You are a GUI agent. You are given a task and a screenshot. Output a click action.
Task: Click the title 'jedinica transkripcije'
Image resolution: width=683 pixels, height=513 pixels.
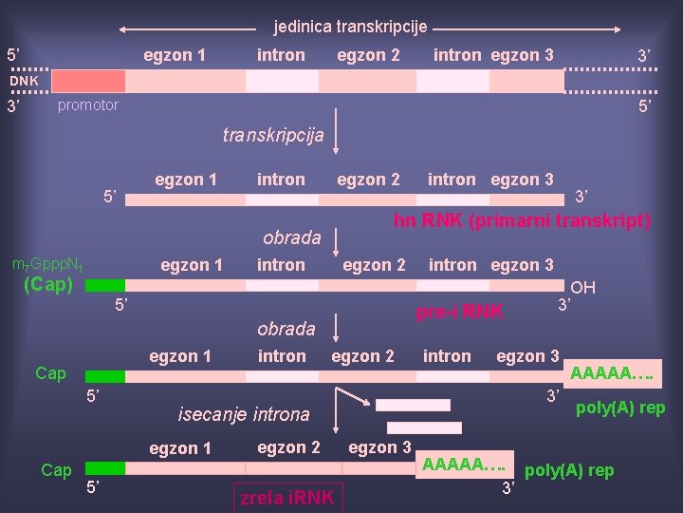[350, 27]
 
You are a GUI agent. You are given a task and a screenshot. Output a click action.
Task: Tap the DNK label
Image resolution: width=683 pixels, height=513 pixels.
[26, 81]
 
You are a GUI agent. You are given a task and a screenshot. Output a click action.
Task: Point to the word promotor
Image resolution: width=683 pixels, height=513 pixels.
[88, 105]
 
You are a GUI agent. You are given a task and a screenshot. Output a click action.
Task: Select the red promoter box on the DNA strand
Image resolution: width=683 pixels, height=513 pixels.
[88, 81]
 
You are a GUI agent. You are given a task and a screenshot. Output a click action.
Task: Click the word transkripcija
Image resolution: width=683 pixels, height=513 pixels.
[273, 135]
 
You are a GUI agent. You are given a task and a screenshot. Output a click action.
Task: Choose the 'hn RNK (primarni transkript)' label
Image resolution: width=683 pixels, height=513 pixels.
[523, 221]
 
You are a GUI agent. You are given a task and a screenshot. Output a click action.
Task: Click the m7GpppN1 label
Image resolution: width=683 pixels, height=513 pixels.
[46, 265]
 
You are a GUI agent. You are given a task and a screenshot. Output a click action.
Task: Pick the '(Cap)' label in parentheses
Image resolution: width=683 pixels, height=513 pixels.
[47, 283]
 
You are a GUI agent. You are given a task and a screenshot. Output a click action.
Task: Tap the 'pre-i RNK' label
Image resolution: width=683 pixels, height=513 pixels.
[459, 312]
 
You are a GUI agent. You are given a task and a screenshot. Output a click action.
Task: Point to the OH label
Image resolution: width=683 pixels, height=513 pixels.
[583, 288]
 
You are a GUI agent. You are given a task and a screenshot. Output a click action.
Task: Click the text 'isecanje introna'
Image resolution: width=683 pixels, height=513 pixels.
[244, 414]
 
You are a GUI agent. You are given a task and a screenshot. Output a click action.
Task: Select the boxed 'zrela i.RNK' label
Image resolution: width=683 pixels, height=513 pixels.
[288, 498]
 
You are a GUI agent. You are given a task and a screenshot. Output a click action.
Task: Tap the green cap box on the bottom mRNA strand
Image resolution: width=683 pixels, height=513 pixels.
[111, 467]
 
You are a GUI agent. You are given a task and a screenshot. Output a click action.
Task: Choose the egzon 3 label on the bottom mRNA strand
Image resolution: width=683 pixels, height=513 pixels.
[379, 447]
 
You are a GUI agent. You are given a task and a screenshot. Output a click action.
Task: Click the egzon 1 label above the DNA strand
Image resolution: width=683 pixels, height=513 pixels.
[175, 55]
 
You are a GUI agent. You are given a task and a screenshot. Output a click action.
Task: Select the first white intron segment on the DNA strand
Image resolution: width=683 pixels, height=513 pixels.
[282, 81]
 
